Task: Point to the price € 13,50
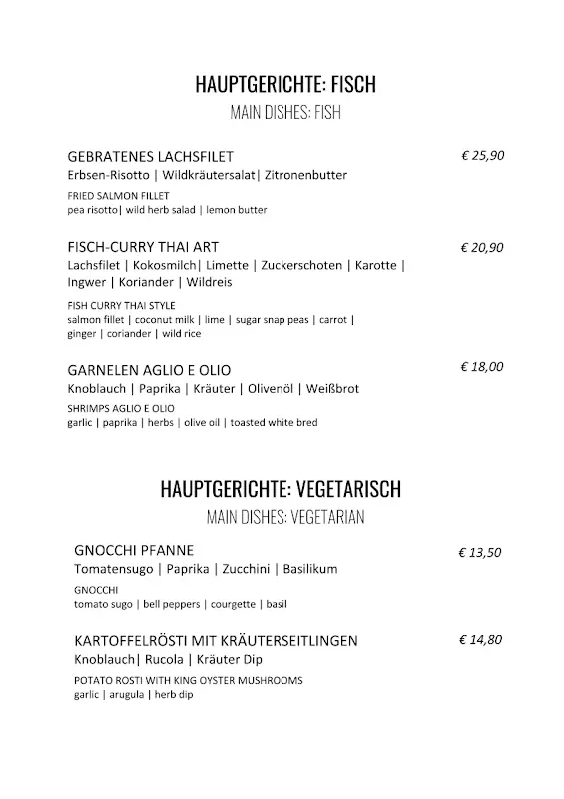pyautogui.click(x=479, y=551)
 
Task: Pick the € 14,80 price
pyautogui.click(x=480, y=640)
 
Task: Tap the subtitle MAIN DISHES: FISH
pyautogui.click(x=285, y=112)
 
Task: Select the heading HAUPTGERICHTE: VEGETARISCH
pyautogui.click(x=281, y=489)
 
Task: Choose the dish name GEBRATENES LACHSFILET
pyautogui.click(x=150, y=157)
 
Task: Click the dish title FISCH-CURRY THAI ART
pyautogui.click(x=143, y=246)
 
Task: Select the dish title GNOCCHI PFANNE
pyautogui.click(x=134, y=550)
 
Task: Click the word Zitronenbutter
pyautogui.click(x=305, y=175)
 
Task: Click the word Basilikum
pyautogui.click(x=310, y=569)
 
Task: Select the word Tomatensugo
pyautogui.click(x=113, y=569)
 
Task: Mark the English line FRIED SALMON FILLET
pyautogui.click(x=119, y=195)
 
